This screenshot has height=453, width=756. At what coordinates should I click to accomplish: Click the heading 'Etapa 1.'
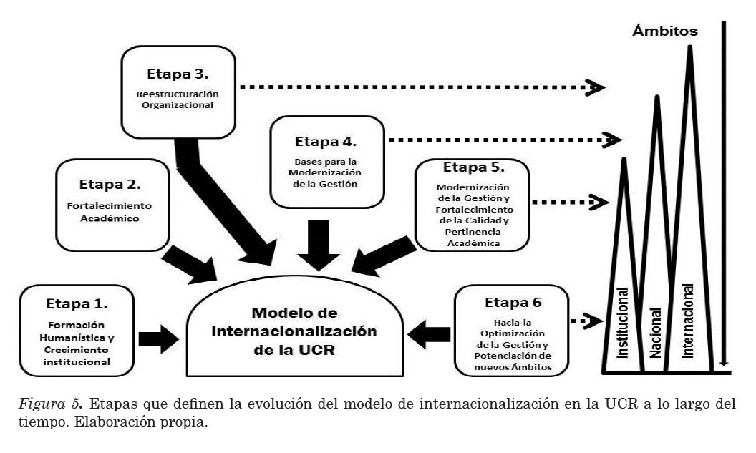pyautogui.click(x=77, y=304)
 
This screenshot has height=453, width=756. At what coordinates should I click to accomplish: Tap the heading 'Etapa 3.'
pyautogui.click(x=178, y=73)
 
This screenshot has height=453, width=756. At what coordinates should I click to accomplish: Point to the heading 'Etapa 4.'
pyautogui.click(x=326, y=140)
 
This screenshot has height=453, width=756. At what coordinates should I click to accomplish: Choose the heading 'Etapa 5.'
pyautogui.click(x=473, y=169)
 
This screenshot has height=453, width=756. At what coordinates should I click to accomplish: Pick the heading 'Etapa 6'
pyautogui.click(x=510, y=301)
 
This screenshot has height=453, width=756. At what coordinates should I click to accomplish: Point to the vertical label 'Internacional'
pyautogui.click(x=688, y=320)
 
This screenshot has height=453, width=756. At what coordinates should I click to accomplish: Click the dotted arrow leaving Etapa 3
pyautogui.click(x=422, y=87)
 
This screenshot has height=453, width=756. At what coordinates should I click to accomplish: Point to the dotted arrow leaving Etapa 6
pyautogui.click(x=584, y=319)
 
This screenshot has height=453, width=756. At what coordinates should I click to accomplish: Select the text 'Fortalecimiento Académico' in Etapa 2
pyautogui.click(x=115, y=213)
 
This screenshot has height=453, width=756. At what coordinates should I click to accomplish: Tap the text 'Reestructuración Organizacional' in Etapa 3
pyautogui.click(x=178, y=100)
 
